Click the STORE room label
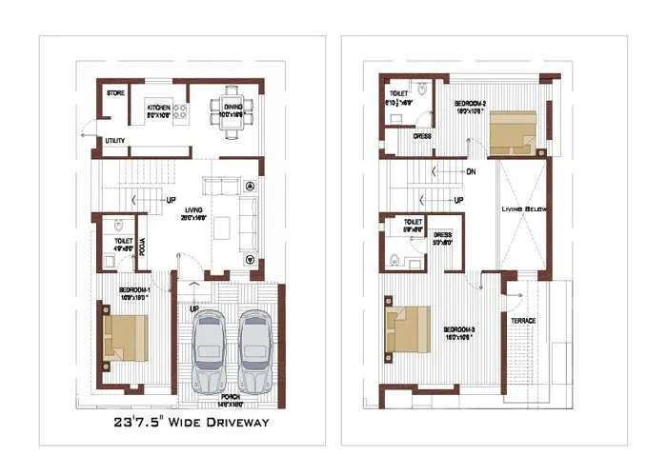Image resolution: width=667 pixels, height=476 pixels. click(116, 93)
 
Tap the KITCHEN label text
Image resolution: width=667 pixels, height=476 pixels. click(158, 108)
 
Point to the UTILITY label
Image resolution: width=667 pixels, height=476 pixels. click(115, 141)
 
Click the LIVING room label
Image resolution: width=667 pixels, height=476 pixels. click(194, 210)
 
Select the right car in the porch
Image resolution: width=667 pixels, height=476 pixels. click(254, 350)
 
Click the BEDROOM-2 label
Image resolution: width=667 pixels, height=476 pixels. click(471, 102)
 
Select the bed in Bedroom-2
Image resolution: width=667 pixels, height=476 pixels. click(513, 131)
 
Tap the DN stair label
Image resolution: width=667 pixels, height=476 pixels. click(471, 172)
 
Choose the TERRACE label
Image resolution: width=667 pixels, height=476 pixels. click(522, 321)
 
